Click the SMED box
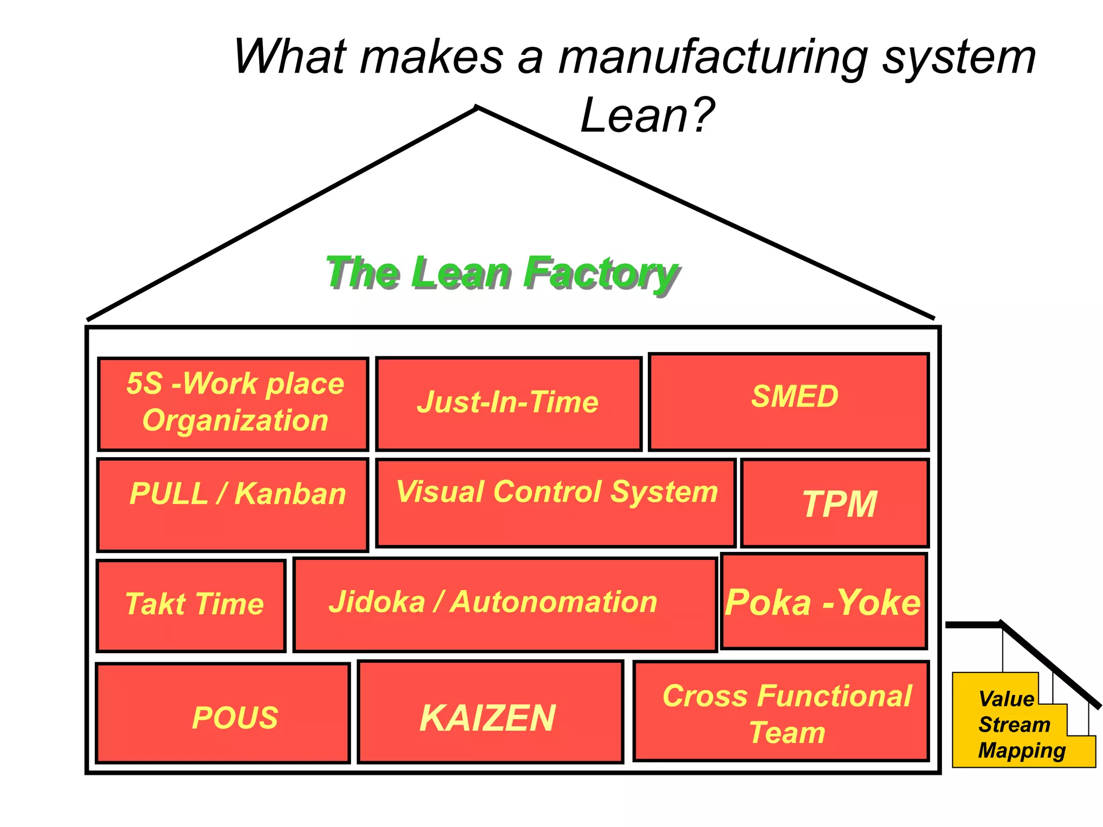pyautogui.click(x=789, y=402)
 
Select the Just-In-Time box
pyautogui.click(x=508, y=403)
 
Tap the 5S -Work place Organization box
pyautogui.click(x=233, y=404)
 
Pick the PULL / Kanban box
pyautogui.click(x=233, y=504)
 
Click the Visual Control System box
pyautogui.click(x=555, y=503)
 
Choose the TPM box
pyautogui.click(x=835, y=503)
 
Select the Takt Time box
pyautogui.click(x=191, y=605)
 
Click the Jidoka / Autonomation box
pyautogui.click(x=505, y=604)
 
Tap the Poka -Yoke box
pyautogui.click(x=823, y=601)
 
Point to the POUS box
pyautogui.click(x=223, y=713)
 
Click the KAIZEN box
pyautogui.click(x=490, y=712)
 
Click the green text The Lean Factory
pyautogui.click(x=501, y=273)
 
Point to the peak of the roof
pyautogui.click(x=477, y=108)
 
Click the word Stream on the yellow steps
pyautogui.click(x=1014, y=725)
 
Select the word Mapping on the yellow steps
pyautogui.click(x=1022, y=751)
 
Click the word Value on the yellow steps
pyautogui.click(x=1006, y=699)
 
